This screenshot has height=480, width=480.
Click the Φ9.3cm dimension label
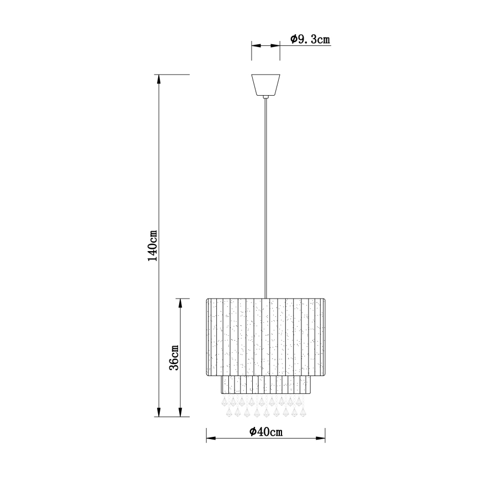[x=310, y=39]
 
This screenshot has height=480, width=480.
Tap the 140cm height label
[x=153, y=246]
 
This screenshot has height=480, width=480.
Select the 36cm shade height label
[x=174, y=357]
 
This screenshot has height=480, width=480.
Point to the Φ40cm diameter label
[x=266, y=432]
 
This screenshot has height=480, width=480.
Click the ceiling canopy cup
[x=265, y=85]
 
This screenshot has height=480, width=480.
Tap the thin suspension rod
[x=265, y=198]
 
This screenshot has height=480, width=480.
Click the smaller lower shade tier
[x=265, y=385]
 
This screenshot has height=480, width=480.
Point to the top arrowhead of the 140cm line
[x=159, y=79]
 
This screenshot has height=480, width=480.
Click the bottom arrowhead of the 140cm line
[x=159, y=412]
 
